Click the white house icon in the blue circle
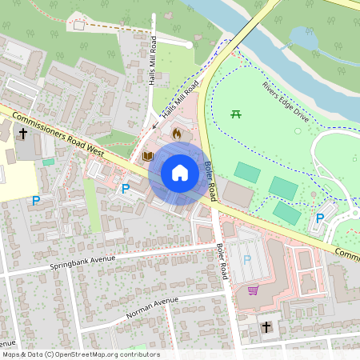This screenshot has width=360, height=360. coord(180,173)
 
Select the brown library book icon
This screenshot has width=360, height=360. coord(147,156)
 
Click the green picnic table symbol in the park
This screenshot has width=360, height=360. coord(236,115)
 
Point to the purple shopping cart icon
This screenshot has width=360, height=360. coord(253,290)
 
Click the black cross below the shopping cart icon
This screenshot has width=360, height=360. coord(266,326)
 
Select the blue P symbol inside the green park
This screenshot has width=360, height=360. coord(320,218)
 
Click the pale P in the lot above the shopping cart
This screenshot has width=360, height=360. coord(246,260)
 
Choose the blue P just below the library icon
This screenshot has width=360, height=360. coord(125,189)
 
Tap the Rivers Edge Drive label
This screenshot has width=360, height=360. coord(285,98)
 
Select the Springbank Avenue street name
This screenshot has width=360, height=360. coord(83,261)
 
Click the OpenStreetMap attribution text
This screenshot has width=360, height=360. coord(80,354)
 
